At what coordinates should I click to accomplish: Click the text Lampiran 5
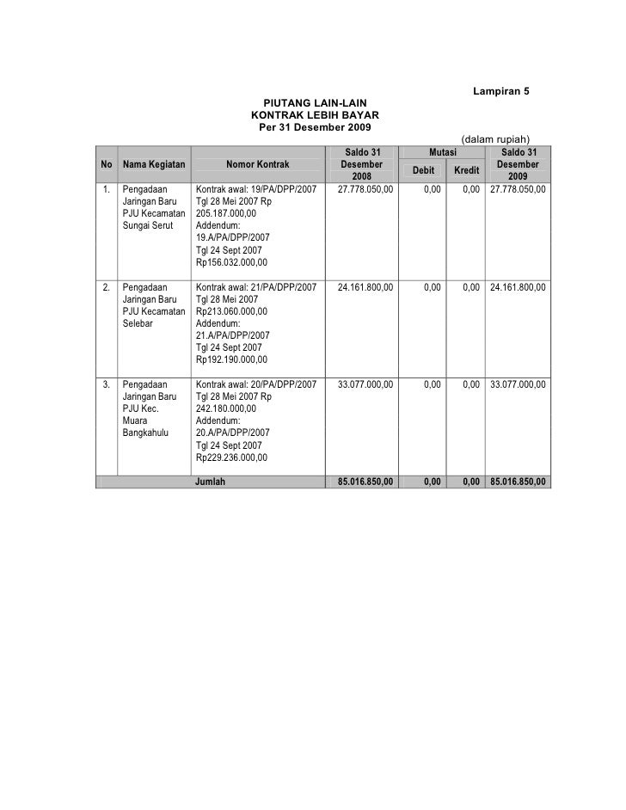coord(500,92)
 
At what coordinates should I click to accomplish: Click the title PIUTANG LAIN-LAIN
coord(314,102)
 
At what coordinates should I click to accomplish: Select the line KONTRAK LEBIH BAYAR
coord(314,114)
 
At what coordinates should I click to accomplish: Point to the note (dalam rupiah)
coord(495,139)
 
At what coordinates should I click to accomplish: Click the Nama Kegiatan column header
coord(154,164)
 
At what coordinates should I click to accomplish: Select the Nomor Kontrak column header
coord(258,164)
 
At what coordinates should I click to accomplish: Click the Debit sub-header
coord(424,170)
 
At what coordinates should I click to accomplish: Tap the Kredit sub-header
coord(467,170)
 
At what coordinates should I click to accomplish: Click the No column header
coord(105,164)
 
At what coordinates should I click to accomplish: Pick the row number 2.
coord(105,287)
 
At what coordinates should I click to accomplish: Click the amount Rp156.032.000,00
coord(231,262)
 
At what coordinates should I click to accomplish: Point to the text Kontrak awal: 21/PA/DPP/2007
coord(256,287)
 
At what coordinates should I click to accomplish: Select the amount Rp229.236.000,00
coord(231,457)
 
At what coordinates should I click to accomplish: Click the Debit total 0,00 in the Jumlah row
coord(432,482)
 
